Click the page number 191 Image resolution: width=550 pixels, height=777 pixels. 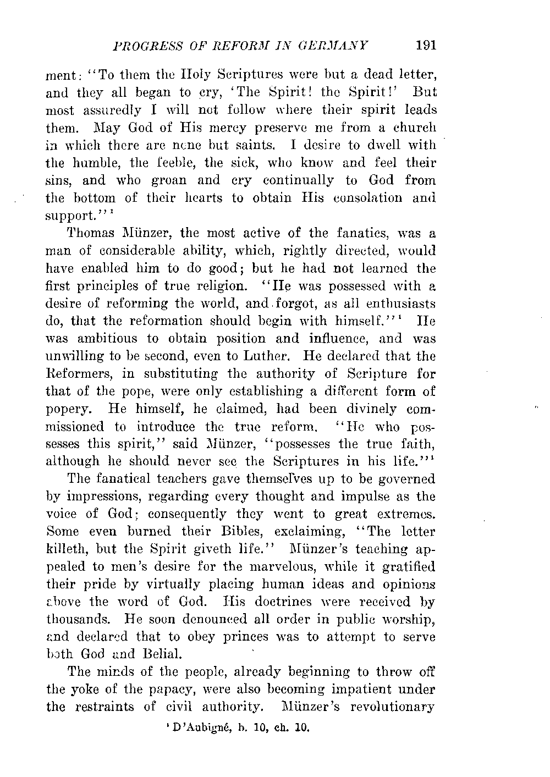click(x=426, y=45)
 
